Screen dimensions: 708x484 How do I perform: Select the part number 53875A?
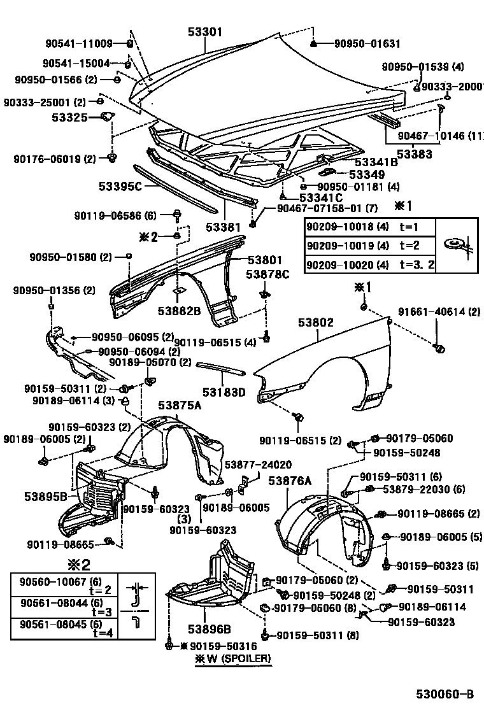pyautogui.click(x=180, y=406)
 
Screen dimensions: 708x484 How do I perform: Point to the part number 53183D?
pyautogui.click(x=224, y=392)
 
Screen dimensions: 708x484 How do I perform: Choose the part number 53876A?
pyautogui.click(x=289, y=481)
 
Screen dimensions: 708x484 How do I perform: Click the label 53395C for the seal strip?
pyautogui.click(x=120, y=187)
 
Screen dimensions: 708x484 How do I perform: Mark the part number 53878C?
pyautogui.click(x=267, y=274)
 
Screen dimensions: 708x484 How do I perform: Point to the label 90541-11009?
pyautogui.click(x=78, y=44)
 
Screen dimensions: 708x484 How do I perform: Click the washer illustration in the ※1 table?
pyautogui.click(x=456, y=246)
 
